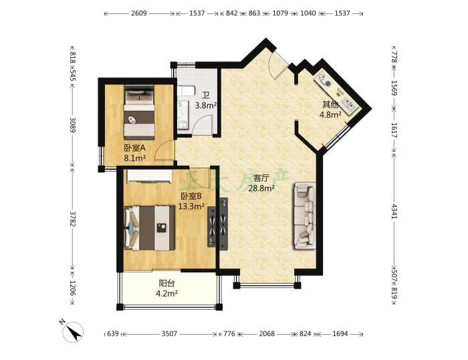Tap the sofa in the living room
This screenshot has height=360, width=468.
click(x=305, y=215)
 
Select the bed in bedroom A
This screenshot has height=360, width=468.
click(x=139, y=112)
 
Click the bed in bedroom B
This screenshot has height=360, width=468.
click(x=149, y=228)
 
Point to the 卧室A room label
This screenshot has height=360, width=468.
click(x=134, y=148)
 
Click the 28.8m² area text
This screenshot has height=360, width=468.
click(x=261, y=188)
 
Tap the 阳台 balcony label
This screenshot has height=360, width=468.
click(x=166, y=283)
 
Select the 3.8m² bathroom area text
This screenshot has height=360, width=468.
click(x=206, y=106)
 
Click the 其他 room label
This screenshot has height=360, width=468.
click(x=330, y=104)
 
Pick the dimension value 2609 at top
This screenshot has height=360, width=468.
click(x=139, y=13)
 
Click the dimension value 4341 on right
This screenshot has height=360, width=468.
click(x=394, y=211)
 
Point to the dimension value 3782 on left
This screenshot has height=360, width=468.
click(x=72, y=218)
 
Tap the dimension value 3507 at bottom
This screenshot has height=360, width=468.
click(x=169, y=334)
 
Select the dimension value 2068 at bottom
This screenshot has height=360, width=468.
click(x=267, y=334)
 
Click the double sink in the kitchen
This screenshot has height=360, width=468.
click(x=348, y=104)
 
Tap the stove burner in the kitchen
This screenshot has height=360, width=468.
click(x=324, y=80)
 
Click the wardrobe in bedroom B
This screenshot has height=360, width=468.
click(x=150, y=176)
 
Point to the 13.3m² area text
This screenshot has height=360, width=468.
click(x=191, y=206)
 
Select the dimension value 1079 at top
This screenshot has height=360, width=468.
click(x=280, y=13)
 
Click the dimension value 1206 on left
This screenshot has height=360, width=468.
click(x=72, y=288)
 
